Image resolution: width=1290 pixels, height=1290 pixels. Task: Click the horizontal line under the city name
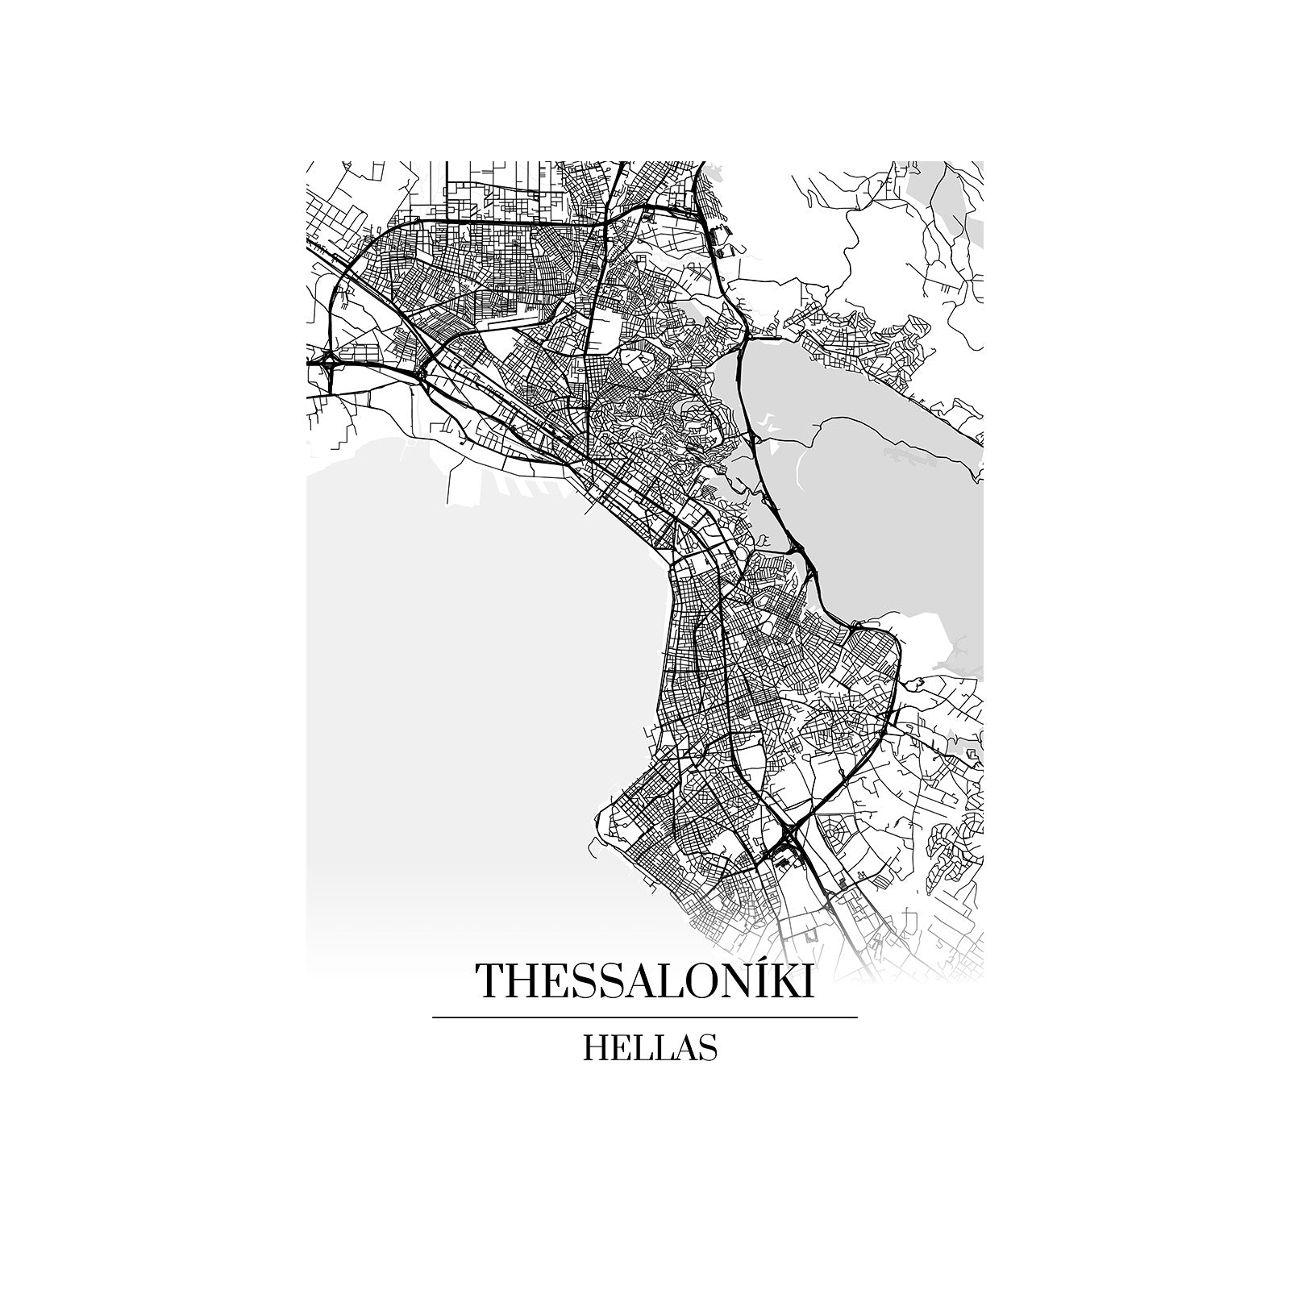(x=645, y=1017)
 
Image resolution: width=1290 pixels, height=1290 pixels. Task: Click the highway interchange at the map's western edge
(x=329, y=362)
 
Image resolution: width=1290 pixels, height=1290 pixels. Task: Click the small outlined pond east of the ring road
(x=914, y=685)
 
